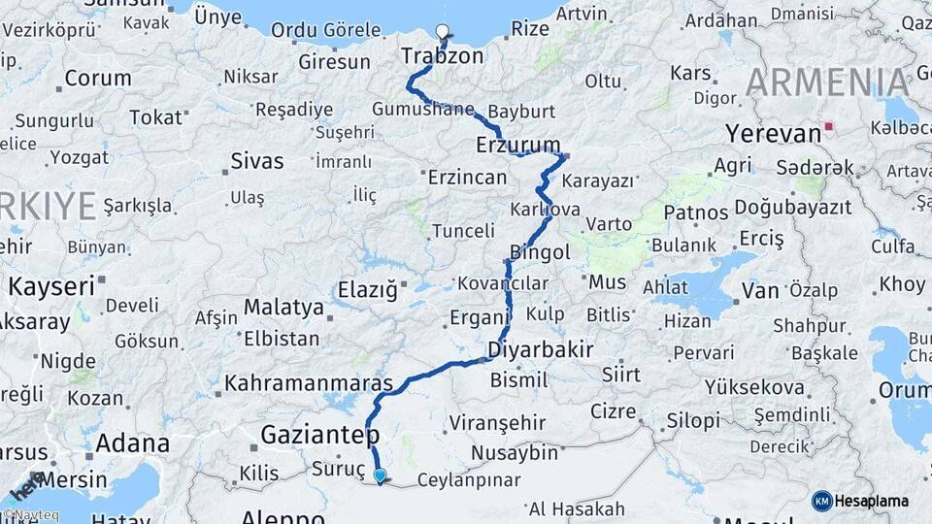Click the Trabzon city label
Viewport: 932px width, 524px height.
[x=442, y=56]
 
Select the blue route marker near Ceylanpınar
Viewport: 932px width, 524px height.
[x=380, y=475]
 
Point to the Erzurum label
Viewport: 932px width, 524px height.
[x=518, y=145]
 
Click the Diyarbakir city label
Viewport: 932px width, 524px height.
[x=540, y=349]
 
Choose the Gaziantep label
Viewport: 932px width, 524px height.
[x=319, y=435]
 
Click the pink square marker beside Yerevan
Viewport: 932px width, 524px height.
[x=827, y=126]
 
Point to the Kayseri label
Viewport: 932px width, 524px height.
[x=51, y=286]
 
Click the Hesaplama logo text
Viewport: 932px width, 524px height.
[x=873, y=501]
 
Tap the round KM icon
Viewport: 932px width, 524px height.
[x=821, y=501]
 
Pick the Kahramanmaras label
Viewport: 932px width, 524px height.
[x=308, y=383]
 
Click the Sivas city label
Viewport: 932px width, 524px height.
[x=257, y=161]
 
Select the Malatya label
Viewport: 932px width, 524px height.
[x=283, y=308]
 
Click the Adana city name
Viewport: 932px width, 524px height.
[x=133, y=443]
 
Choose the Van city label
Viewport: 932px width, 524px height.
[x=760, y=290]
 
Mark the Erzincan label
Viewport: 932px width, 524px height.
[x=468, y=178]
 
